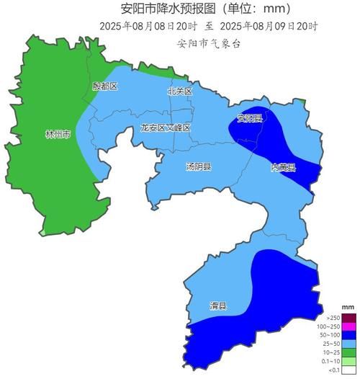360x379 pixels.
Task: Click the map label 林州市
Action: pyautogui.click(x=58, y=135)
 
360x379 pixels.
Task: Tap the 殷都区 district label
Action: pyautogui.click(x=104, y=86)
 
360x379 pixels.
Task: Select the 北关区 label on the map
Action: pyautogui.click(x=179, y=92)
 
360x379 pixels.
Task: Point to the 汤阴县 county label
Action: pyautogui.click(x=198, y=167)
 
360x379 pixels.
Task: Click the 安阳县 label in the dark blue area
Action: pyautogui.click(x=250, y=118)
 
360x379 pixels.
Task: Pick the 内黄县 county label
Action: pyautogui.click(x=283, y=167)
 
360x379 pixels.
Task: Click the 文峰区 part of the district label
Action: pyautogui.click(x=178, y=128)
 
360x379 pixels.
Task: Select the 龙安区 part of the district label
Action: pyautogui.click(x=153, y=128)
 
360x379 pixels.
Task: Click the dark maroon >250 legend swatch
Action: pyautogui.click(x=348, y=318)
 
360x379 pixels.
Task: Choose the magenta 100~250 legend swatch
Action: pyautogui.click(x=348, y=326)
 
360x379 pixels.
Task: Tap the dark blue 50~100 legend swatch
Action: pyautogui.click(x=348, y=334)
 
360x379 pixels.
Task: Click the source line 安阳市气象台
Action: pyautogui.click(x=209, y=43)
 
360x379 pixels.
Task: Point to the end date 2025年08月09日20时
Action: pyautogui.click(x=269, y=26)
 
